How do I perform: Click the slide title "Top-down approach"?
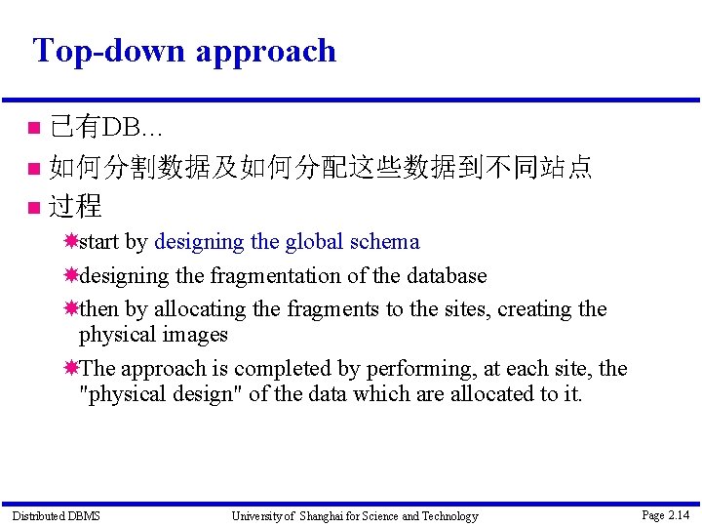tap(184, 51)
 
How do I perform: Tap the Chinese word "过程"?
tap(76, 206)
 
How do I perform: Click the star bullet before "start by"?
tap(70, 242)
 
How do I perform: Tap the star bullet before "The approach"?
tap(70, 369)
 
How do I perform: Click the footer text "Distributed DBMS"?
tap(56, 515)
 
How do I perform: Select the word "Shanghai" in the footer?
tap(330, 515)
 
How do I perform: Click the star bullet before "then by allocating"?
tap(70, 309)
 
